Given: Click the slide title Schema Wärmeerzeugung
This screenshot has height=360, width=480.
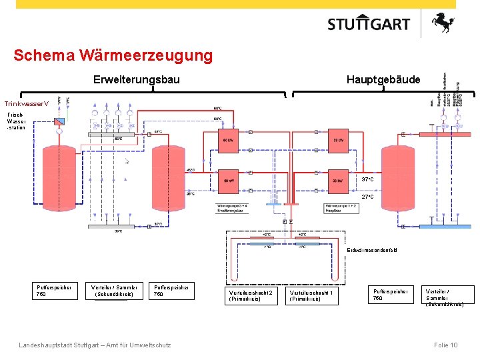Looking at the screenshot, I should tap(113, 55).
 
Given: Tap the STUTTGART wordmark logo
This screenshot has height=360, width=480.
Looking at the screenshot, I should tap(369, 25).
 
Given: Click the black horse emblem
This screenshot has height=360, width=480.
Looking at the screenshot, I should tap(443, 24).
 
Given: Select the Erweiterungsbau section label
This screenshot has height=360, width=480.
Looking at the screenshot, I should tap(136, 80).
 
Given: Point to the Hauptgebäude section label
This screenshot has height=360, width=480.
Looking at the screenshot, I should tap(383, 80).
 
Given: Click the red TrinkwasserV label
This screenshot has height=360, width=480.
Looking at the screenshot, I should tap(27, 104).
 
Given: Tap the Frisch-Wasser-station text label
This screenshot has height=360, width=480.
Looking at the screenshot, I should tap(16, 121).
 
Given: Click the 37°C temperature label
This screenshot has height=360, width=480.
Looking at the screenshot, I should tap(367, 180).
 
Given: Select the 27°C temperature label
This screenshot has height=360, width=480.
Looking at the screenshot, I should tap(367, 197).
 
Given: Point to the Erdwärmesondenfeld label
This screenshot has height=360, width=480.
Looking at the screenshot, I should tap(371, 250).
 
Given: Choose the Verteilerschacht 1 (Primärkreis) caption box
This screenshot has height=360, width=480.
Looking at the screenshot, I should tap(311, 295).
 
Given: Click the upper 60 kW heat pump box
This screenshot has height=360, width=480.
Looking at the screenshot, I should tap(229, 141).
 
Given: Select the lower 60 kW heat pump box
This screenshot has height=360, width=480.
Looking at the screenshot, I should tap(229, 180).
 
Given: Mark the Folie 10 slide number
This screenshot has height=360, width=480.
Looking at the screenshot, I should tap(445, 345).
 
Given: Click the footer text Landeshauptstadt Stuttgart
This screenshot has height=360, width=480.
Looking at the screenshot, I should tap(95, 345).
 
